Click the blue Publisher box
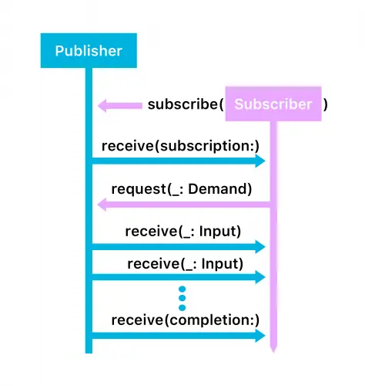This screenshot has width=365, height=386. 89,51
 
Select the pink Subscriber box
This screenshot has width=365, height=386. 273,104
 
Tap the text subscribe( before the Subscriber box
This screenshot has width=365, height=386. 186,104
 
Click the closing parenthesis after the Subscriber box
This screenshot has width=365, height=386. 326,104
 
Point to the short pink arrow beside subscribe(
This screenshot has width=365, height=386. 119,105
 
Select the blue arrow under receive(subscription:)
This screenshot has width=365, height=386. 177,161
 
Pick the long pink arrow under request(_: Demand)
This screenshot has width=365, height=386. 185,204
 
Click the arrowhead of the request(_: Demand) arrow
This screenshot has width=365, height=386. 103,204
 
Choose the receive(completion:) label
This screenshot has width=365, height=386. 186,320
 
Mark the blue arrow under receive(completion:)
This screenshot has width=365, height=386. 177,335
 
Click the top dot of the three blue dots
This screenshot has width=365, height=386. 182,289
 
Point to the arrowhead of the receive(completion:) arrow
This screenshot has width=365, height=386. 260,335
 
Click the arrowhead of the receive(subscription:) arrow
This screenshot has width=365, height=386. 260,161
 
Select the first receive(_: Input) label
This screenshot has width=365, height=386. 182,231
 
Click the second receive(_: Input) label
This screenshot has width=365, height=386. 185,263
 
